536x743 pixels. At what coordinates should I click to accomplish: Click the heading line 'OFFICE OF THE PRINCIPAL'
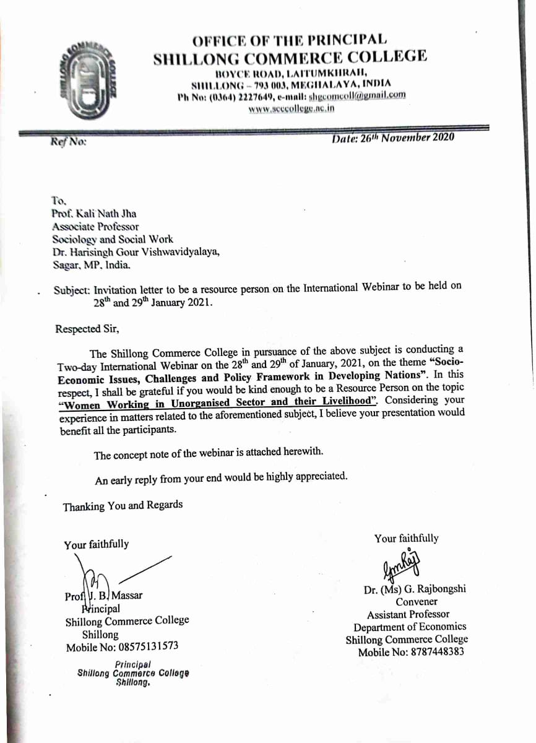290,41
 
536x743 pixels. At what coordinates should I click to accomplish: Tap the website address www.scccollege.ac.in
291,108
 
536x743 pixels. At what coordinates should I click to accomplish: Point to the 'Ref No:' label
68,141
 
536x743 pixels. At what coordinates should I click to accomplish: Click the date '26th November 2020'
393,138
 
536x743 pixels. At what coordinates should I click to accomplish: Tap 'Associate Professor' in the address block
95,227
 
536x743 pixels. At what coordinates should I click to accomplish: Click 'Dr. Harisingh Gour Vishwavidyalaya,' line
135,252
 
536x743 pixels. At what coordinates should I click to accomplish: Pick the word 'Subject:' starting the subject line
71,290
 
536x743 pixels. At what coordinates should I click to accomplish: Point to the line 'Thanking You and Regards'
123,506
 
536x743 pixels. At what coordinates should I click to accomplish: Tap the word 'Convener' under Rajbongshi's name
417,602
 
